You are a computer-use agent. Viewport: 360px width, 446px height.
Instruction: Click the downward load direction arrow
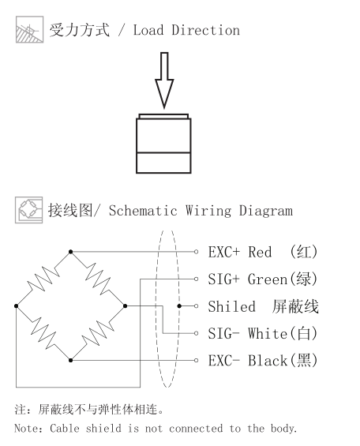[164, 81]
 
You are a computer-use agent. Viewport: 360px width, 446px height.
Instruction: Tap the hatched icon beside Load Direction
[29, 29]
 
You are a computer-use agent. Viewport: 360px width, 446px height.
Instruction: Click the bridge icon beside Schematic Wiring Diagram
[29, 210]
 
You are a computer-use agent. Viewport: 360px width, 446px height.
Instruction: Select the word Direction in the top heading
[205, 30]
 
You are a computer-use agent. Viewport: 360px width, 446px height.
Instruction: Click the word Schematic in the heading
[143, 211]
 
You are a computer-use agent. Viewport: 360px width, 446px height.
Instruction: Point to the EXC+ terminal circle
[196, 252]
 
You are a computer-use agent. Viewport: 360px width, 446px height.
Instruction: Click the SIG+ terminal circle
[196, 279]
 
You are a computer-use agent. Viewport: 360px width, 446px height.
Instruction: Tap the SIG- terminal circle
[196, 333]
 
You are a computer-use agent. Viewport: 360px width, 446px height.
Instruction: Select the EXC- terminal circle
[196, 361]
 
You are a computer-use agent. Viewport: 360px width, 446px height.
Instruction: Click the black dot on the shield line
[179, 306]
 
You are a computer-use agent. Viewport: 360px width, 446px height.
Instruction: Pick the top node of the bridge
[70, 252]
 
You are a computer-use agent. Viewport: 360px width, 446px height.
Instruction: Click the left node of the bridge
[17, 306]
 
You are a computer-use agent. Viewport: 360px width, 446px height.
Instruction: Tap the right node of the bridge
[125, 306]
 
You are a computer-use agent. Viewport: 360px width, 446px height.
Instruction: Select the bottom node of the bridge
[70, 361]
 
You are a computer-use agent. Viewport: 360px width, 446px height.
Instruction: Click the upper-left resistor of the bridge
[43, 279]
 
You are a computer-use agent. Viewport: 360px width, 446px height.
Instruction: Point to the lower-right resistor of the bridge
[98, 333]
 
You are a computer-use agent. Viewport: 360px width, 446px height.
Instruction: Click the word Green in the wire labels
[268, 279]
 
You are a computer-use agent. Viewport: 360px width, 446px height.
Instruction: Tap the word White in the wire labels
[268, 334]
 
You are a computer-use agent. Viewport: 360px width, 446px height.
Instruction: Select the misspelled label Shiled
[232, 306]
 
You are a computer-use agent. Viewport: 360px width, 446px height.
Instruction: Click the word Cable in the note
[65, 428]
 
